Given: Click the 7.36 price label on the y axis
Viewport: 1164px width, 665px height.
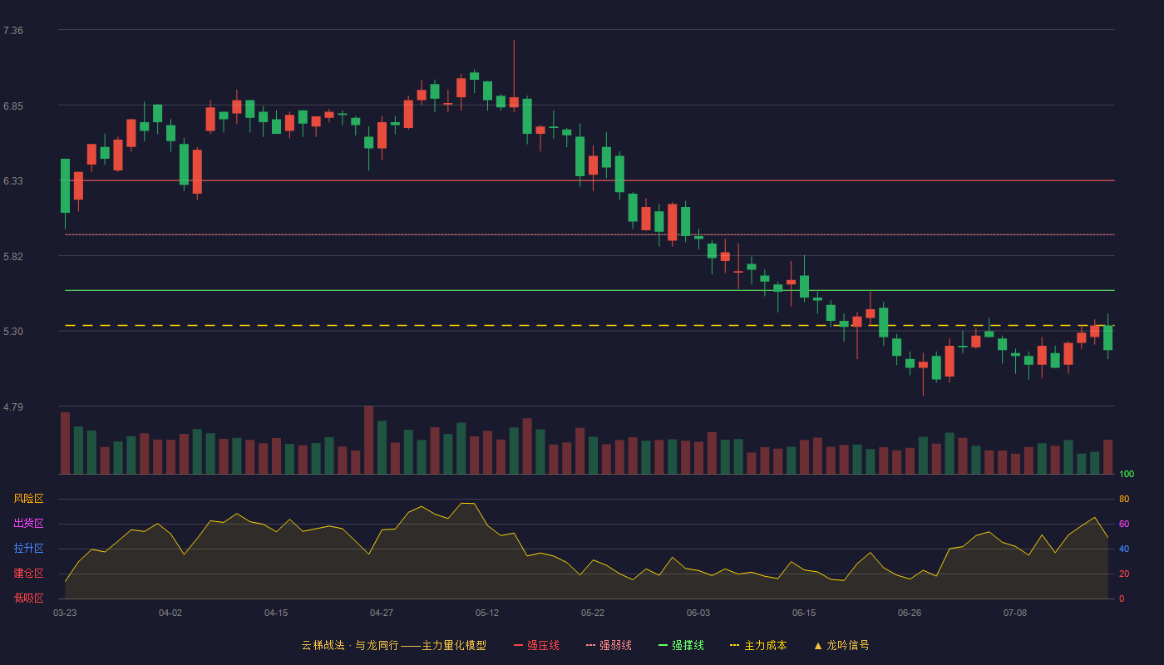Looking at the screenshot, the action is coord(13,31).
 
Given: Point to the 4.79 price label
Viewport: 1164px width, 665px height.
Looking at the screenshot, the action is coord(13,406).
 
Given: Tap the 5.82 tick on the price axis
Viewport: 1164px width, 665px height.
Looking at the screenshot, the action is coord(13,257).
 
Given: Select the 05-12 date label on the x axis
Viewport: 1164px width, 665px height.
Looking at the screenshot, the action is coord(487,613).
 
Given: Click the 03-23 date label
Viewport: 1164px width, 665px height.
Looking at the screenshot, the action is coord(65,613).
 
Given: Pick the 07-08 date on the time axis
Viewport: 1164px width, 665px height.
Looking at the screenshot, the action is coord(1015,613).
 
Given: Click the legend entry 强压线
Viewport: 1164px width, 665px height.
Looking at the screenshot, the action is coord(536,645).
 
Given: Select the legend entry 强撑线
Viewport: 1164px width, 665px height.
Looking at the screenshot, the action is coord(681,645).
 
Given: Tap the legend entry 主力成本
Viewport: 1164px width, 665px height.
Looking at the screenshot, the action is coord(758,645).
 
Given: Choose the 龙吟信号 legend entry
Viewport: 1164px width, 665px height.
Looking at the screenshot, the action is coord(841,645).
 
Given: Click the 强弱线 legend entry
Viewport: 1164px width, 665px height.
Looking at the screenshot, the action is coord(609,645).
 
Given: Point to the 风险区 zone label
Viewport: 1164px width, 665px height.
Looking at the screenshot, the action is coord(28,499).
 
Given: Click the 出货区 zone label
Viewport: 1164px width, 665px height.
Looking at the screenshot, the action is coord(28,523).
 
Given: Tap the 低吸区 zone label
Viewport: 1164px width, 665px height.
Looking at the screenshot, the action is coord(28,598).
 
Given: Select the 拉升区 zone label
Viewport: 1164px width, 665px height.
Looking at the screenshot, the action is coord(28,548).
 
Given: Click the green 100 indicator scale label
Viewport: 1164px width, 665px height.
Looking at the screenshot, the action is coord(1127,474).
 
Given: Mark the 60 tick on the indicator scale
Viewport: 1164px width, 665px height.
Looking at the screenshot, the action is coord(1124,524).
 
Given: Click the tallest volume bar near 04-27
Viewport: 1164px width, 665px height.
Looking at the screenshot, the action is coord(368,440).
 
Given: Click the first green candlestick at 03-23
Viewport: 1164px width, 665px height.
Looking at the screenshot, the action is coord(65,185).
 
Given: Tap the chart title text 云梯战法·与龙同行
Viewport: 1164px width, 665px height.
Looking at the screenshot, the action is coord(350,645).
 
